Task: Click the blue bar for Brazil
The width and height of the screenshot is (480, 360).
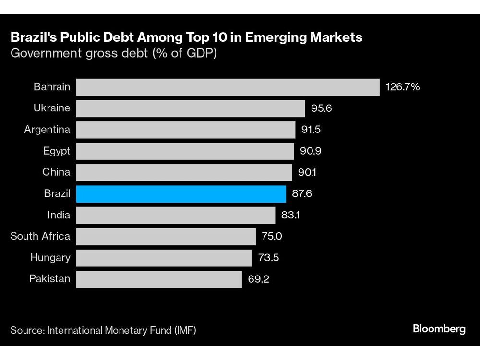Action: (181, 194)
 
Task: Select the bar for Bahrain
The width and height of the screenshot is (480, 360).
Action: (228, 87)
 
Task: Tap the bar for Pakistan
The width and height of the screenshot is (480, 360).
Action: (159, 279)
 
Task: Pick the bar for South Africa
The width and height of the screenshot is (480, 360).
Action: (166, 236)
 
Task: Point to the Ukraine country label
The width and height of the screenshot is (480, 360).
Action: (52, 108)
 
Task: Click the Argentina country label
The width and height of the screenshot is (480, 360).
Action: (47, 130)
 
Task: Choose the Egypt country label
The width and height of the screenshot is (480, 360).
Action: (57, 151)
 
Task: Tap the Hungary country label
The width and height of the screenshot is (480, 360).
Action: (50, 258)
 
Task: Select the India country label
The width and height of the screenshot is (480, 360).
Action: (59, 215)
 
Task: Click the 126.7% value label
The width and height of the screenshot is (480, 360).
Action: (403, 87)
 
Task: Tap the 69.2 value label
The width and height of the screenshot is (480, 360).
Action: (259, 279)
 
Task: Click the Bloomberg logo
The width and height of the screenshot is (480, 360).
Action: (439, 329)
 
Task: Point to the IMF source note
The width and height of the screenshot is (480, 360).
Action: (103, 330)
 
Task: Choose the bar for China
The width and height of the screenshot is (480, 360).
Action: (184, 172)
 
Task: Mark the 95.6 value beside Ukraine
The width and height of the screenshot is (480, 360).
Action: (322, 108)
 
